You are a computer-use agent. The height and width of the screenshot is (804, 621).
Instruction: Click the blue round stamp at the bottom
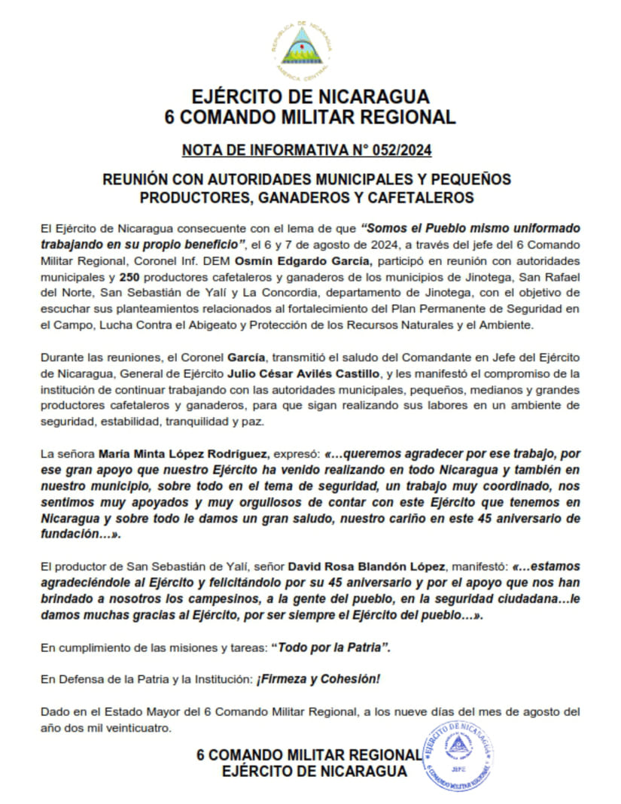[458, 754]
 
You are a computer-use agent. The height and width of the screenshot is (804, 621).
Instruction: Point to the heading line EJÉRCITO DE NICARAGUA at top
[310, 97]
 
